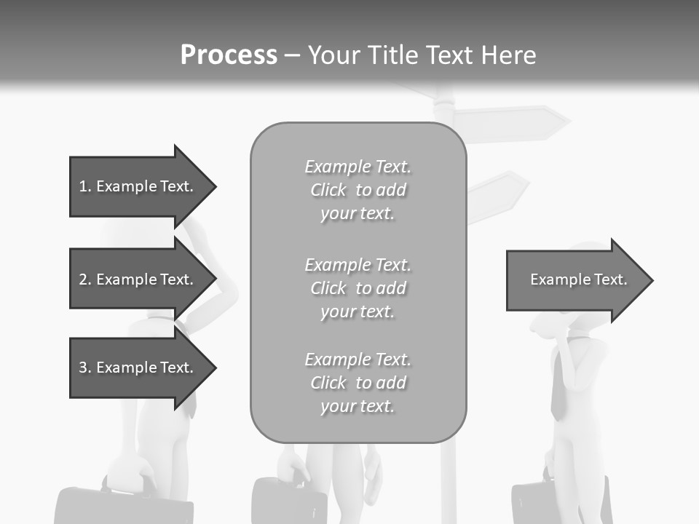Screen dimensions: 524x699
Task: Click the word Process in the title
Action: pyautogui.click(x=229, y=55)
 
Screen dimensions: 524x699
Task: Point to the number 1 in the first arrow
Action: pyautogui.click(x=83, y=187)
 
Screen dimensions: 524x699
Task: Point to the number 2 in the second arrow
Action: pyautogui.click(x=83, y=280)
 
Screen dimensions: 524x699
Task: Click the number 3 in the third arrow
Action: pyautogui.click(x=83, y=368)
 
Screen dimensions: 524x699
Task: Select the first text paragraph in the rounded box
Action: pyautogui.click(x=358, y=190)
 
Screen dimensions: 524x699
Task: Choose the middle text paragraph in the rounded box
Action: pyautogui.click(x=358, y=288)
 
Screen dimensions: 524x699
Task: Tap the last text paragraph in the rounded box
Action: pyautogui.click(x=358, y=383)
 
